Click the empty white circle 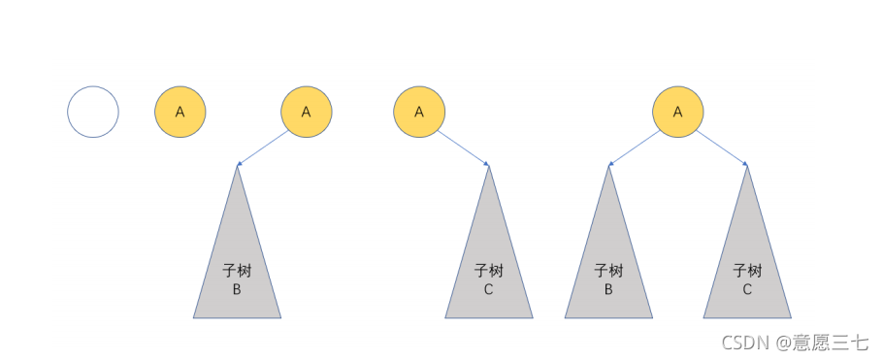point(93,112)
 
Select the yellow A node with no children point(180,112)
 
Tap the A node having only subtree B point(307,112)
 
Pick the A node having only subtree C point(419,112)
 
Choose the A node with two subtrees point(677,112)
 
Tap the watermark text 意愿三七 point(833,342)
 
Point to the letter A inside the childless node point(180,112)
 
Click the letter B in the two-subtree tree point(608,289)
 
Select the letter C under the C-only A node point(488,289)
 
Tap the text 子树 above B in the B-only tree point(237,271)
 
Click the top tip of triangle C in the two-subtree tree point(746,167)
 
